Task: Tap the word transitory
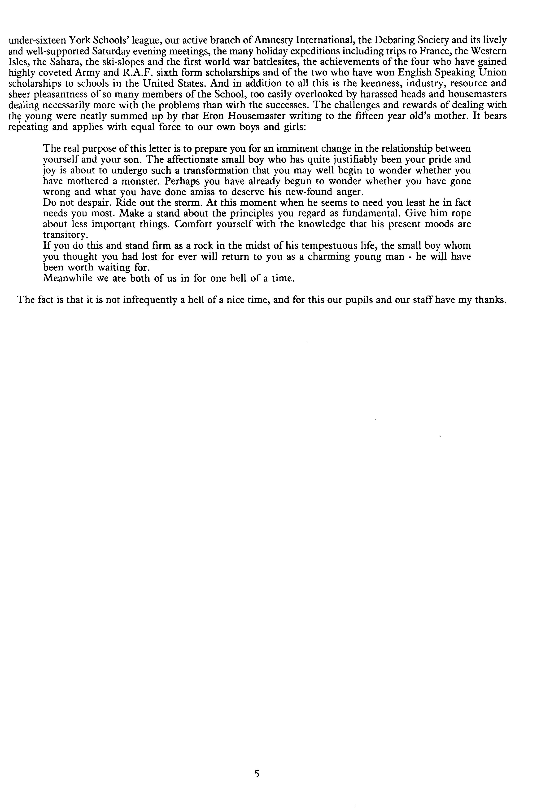pyautogui.click(x=65, y=235)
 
